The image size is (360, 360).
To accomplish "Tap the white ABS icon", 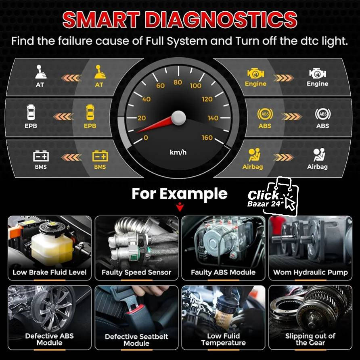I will (322, 115).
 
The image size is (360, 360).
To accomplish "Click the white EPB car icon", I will (31, 113).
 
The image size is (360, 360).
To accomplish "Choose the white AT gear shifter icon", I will (40, 72).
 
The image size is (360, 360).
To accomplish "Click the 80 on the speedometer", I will (178, 82).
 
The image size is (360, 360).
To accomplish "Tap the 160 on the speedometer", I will (207, 138).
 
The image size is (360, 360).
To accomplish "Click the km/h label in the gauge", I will (178, 152).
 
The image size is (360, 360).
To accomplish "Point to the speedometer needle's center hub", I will (178, 118).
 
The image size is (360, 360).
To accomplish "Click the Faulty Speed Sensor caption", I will (136, 272).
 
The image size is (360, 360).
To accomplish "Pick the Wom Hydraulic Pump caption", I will (310, 272).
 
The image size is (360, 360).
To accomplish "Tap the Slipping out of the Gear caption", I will (310, 339).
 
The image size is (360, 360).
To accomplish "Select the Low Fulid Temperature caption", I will (223, 339).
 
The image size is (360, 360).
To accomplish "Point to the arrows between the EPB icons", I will (63, 117).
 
